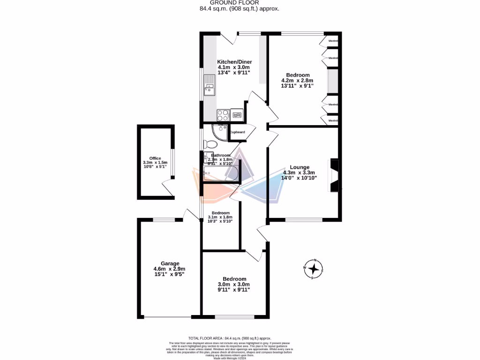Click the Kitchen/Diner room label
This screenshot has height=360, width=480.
click(234, 62)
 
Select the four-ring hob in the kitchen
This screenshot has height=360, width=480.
click(223, 115)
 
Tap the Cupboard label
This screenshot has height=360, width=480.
click(237, 132)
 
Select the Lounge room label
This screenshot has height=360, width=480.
click(299, 167)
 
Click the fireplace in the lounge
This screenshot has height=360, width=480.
click(335, 175)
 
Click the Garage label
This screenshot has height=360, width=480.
click(170, 263)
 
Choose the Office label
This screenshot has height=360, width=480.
click(155, 158)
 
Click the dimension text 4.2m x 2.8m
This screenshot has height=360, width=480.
click(297, 81)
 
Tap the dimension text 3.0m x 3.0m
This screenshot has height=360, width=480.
click(234, 285)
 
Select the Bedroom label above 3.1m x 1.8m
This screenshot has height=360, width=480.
click(220, 212)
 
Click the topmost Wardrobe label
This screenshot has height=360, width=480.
click(333, 41)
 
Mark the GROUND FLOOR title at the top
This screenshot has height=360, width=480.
click(240, 3)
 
